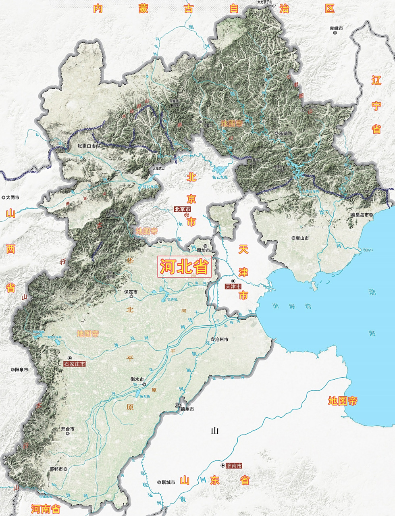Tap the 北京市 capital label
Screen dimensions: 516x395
182,209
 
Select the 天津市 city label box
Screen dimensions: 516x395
233,287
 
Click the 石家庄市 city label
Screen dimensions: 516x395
75,364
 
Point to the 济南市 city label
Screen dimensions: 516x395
234,466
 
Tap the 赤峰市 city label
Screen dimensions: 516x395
336,28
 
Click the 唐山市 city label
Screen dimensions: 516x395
302,238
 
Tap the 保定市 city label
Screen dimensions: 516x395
131,291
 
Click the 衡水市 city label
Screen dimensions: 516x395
137,379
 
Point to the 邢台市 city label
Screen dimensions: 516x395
68,429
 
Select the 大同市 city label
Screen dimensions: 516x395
12,198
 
